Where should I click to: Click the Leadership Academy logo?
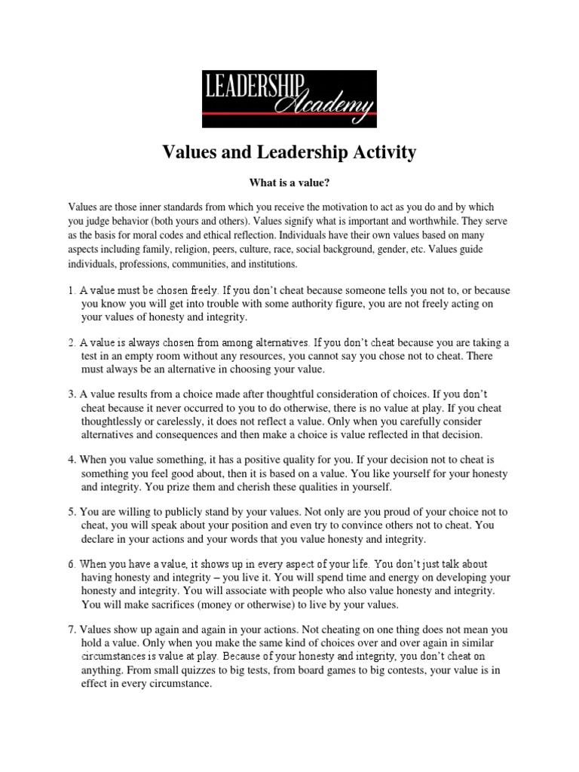coord(289,99)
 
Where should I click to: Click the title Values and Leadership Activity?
coord(289,153)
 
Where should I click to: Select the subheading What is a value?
coord(289,182)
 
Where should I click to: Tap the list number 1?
coord(71,289)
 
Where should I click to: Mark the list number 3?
coord(71,394)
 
